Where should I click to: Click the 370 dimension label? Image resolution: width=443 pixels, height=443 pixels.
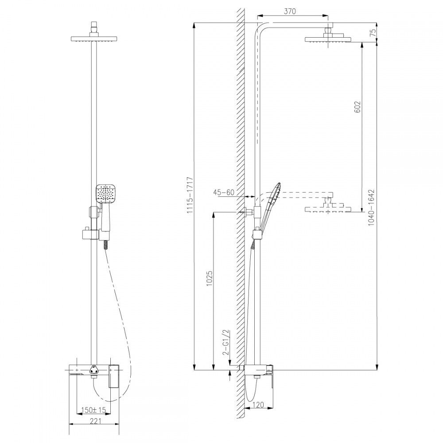point(290,12)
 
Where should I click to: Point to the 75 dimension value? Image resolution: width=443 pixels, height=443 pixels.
point(373,32)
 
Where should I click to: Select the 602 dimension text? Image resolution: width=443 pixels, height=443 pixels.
point(358,107)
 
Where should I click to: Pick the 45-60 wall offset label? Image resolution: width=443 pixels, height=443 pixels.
point(224,192)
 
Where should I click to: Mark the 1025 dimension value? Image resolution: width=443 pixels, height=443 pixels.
point(210,278)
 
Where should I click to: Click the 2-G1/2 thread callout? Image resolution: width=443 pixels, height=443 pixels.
point(226,342)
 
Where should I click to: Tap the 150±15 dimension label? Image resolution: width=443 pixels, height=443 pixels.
point(93,410)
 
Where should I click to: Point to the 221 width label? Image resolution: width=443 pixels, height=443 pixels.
point(95,421)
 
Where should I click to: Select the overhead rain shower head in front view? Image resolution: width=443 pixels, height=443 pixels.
point(93,39)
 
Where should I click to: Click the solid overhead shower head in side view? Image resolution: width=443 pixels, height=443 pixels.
point(328,39)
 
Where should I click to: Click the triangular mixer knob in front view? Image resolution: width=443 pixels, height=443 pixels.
point(93,369)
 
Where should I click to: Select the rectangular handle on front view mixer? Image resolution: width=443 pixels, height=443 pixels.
point(113,376)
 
